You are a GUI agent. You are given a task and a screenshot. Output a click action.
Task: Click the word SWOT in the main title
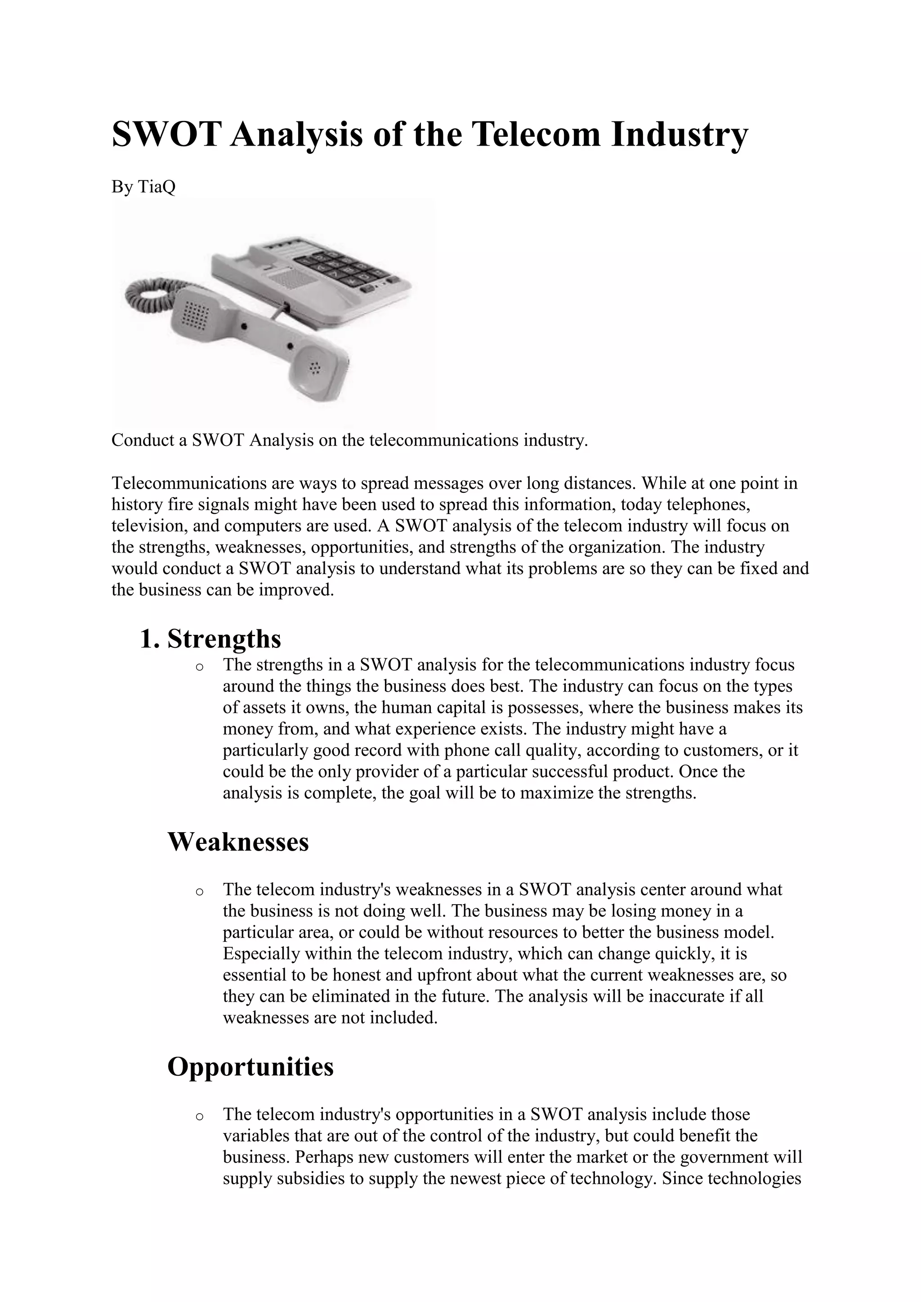[x=165, y=135]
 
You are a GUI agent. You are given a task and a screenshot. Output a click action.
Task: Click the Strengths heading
[x=224, y=639]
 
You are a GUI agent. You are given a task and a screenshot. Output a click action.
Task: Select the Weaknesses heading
[x=238, y=842]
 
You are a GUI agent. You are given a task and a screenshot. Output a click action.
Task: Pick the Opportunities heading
[x=250, y=1067]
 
